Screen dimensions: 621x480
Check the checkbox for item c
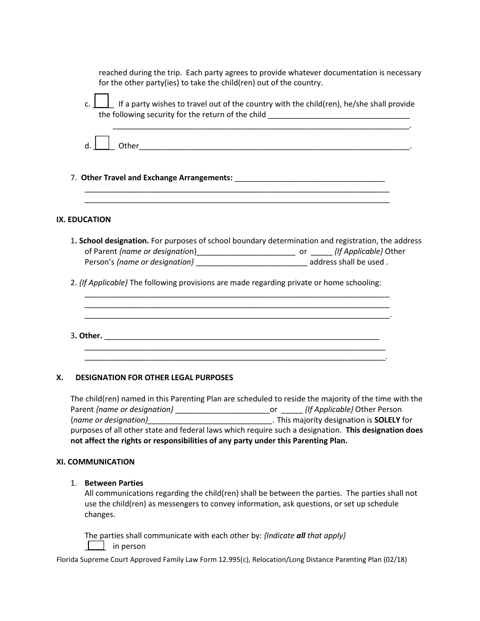(x=102, y=101)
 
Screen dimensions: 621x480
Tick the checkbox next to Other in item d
(x=102, y=143)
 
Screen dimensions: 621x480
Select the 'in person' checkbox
(x=96, y=545)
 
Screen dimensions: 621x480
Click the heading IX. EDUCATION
(x=83, y=220)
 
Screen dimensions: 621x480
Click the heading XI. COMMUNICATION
(x=95, y=461)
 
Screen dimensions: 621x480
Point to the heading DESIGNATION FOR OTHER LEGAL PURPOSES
(x=154, y=378)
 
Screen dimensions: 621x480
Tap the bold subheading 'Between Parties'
(x=114, y=483)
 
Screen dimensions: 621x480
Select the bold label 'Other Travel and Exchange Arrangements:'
(x=157, y=178)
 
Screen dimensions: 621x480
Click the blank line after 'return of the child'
(x=339, y=115)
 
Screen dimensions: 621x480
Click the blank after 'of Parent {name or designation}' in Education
(x=246, y=251)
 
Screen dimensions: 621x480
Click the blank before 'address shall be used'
(x=251, y=262)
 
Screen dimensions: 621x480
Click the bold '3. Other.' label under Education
(x=87, y=336)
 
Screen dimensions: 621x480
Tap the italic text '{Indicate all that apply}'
(x=305, y=535)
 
